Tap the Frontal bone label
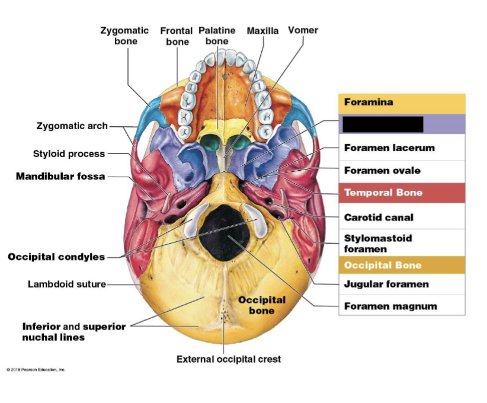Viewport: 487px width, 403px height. (177, 36)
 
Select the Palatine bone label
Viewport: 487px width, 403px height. (217, 36)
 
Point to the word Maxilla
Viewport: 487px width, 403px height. (262, 30)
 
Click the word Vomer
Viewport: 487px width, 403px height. (303, 30)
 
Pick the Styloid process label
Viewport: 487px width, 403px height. (69, 153)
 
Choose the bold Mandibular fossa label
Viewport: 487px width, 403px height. (60, 176)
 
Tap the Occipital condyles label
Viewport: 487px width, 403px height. (56, 257)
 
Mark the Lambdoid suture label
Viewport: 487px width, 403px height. (66, 284)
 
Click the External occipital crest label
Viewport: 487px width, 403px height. (229, 359)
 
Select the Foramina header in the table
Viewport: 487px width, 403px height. (369, 102)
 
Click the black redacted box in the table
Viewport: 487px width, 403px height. (383, 124)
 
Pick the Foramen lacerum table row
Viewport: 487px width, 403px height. (389, 148)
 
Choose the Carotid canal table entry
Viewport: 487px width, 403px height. (379, 218)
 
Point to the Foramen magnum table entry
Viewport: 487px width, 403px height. (390, 306)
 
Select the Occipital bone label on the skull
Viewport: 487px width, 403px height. (261, 305)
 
